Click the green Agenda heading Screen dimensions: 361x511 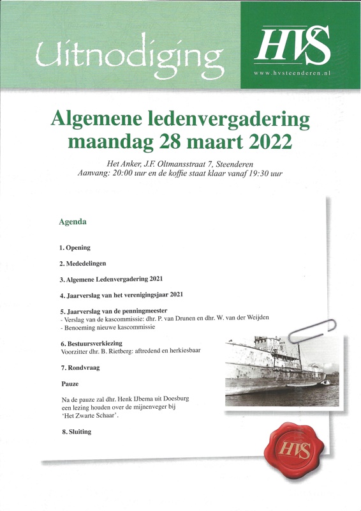point(72,222)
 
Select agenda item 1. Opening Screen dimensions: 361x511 point(75,247)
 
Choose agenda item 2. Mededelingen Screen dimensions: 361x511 point(83,263)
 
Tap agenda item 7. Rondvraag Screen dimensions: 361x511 point(80,368)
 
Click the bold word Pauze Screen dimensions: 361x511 point(70,384)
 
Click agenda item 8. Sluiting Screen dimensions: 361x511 point(77,432)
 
